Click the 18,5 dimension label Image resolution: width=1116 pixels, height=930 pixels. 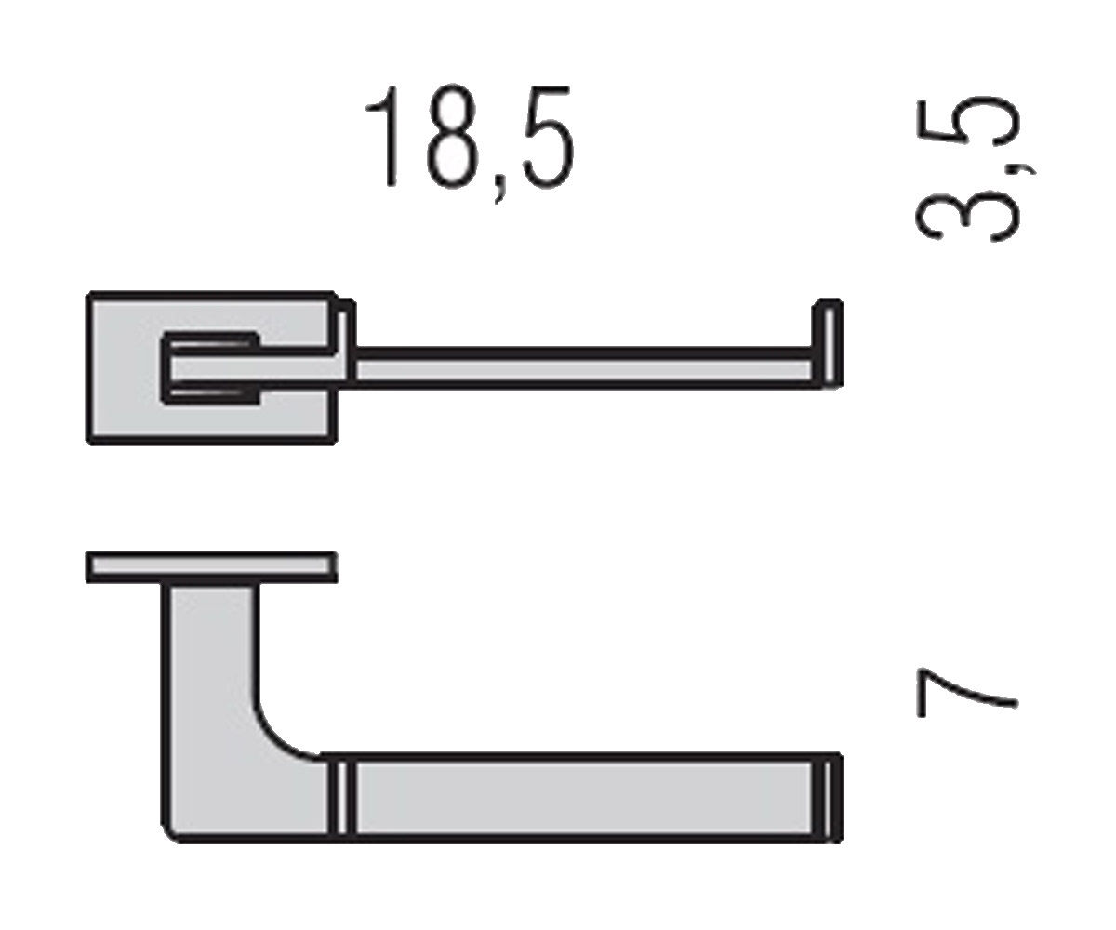click(x=470, y=143)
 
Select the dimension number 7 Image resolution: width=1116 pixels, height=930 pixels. click(x=967, y=693)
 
